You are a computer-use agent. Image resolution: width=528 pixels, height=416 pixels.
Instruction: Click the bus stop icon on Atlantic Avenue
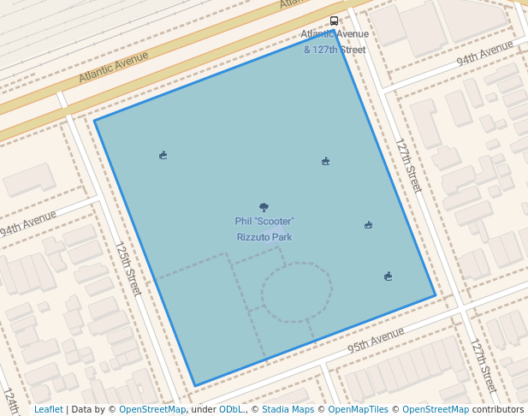pos(334,21)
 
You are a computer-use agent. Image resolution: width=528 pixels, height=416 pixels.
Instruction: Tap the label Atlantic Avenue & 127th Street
pos(335,42)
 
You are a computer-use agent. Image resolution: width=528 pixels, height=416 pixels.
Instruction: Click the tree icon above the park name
pos(264,207)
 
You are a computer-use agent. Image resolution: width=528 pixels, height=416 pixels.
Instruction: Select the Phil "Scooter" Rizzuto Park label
pos(264,229)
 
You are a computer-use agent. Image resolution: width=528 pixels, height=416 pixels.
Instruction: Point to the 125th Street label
pos(128,268)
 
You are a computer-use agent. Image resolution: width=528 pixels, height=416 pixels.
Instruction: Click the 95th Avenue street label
pos(375,342)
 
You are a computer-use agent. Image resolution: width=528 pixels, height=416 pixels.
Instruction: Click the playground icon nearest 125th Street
pos(163,155)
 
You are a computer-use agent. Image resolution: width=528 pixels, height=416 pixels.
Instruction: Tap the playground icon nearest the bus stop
pos(325,161)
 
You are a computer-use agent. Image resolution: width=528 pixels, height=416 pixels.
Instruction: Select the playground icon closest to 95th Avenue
pos(389,276)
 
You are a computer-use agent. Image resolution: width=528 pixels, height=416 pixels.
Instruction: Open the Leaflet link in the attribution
pos(49,410)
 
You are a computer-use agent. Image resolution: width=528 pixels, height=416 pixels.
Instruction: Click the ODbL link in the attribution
pos(231,410)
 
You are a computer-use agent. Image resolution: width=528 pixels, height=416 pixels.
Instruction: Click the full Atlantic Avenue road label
pos(113,67)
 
